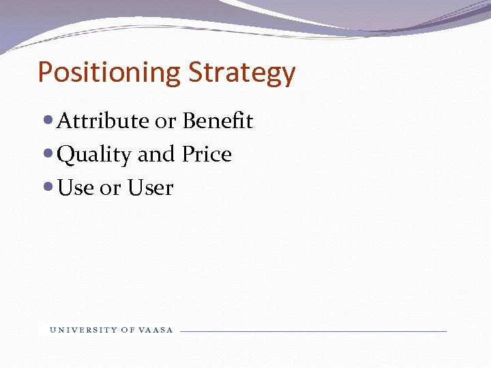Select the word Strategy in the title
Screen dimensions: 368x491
pyautogui.click(x=242, y=73)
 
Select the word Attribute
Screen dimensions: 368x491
pyautogui.click(x=103, y=121)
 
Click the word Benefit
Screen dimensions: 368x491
pyautogui.click(x=218, y=121)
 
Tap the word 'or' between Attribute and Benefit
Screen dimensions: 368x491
pyautogui.click(x=165, y=122)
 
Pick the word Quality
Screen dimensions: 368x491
pyautogui.click(x=94, y=155)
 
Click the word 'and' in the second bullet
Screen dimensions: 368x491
pyautogui.click(x=156, y=155)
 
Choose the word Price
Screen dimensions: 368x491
pyautogui.click(x=207, y=155)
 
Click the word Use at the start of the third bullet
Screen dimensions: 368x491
pyautogui.click(x=76, y=188)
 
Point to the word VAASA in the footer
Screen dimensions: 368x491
pyautogui.click(x=157, y=331)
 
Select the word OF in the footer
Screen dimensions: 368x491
pyautogui.click(x=128, y=331)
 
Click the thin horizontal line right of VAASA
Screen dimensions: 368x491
pyautogui.click(x=314, y=331)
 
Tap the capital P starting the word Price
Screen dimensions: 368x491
pyautogui.click(x=188, y=155)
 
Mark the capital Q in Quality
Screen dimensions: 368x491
pyautogui.click(x=65, y=155)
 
